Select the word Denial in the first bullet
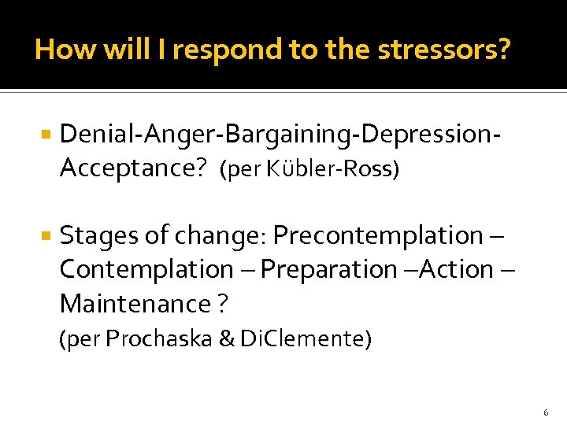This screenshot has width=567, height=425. tap(90, 135)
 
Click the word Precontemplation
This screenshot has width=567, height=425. tap(377, 235)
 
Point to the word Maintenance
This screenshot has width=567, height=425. tap(124, 303)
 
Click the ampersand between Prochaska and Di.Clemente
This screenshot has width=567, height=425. tap(207, 339)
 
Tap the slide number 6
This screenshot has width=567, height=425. tap(545, 412)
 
